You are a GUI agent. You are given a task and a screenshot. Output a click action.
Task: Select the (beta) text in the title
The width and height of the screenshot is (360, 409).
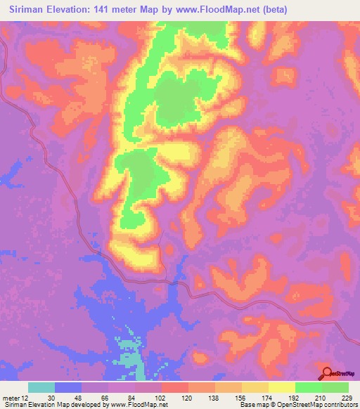click(272, 10)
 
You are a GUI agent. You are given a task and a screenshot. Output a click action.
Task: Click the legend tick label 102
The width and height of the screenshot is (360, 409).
click(160, 397)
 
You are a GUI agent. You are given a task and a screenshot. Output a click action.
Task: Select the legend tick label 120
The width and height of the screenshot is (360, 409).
click(187, 397)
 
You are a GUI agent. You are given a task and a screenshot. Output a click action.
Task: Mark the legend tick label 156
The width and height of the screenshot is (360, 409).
click(240, 397)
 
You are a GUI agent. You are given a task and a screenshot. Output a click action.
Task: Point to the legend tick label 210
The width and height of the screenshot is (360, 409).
click(321, 397)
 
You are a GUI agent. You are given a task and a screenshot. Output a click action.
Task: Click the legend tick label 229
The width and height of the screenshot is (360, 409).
click(347, 397)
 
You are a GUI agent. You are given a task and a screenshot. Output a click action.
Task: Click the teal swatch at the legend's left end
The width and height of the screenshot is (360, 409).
click(41, 387)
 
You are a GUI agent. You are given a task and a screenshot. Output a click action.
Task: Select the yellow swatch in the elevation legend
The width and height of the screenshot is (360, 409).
click(281, 387)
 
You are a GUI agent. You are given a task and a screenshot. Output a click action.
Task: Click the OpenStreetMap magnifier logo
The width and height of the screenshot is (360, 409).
click(327, 374)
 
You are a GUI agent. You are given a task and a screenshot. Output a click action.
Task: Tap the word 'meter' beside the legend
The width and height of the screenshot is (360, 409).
click(12, 397)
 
